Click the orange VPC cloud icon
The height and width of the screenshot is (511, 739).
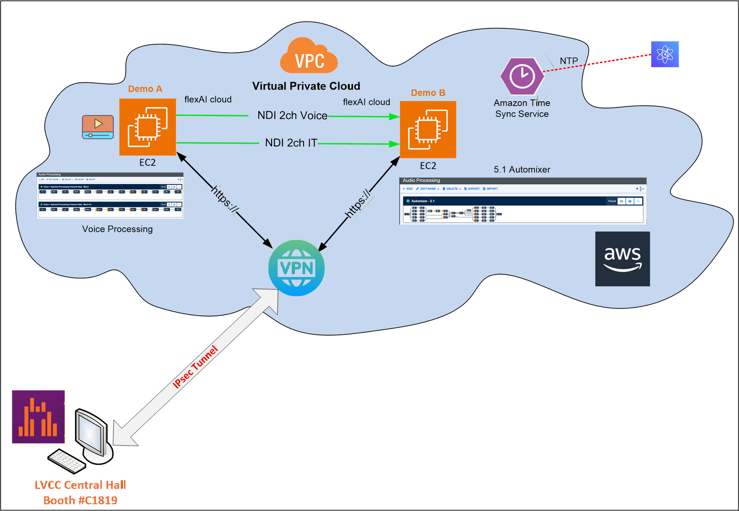pos(309,57)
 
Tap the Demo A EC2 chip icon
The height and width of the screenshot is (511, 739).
pos(148,127)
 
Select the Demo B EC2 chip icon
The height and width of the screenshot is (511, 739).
pos(428,129)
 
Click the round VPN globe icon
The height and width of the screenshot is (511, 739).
pos(296,268)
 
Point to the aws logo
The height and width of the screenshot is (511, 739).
pos(622,259)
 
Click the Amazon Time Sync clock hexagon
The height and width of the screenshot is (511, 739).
pos(522,76)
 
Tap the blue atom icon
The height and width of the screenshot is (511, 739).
pos(664,54)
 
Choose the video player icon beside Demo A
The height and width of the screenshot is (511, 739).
pos(98,127)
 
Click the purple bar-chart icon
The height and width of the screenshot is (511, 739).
pos(38,417)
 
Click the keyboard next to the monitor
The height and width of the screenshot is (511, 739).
pos(67,461)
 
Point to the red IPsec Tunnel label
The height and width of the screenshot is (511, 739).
pos(195,367)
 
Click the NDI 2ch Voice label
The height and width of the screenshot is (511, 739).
pos(292,115)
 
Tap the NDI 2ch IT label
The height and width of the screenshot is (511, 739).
pos(291,143)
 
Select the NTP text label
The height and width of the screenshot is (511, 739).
pos(568,61)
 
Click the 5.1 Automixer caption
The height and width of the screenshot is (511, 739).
pos(522,169)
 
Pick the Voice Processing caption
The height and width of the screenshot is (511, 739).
pos(118,229)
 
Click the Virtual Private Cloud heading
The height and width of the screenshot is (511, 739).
pos(306,86)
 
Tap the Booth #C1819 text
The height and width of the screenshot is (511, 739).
pos(80,500)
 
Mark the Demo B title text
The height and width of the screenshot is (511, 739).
pos(428,93)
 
